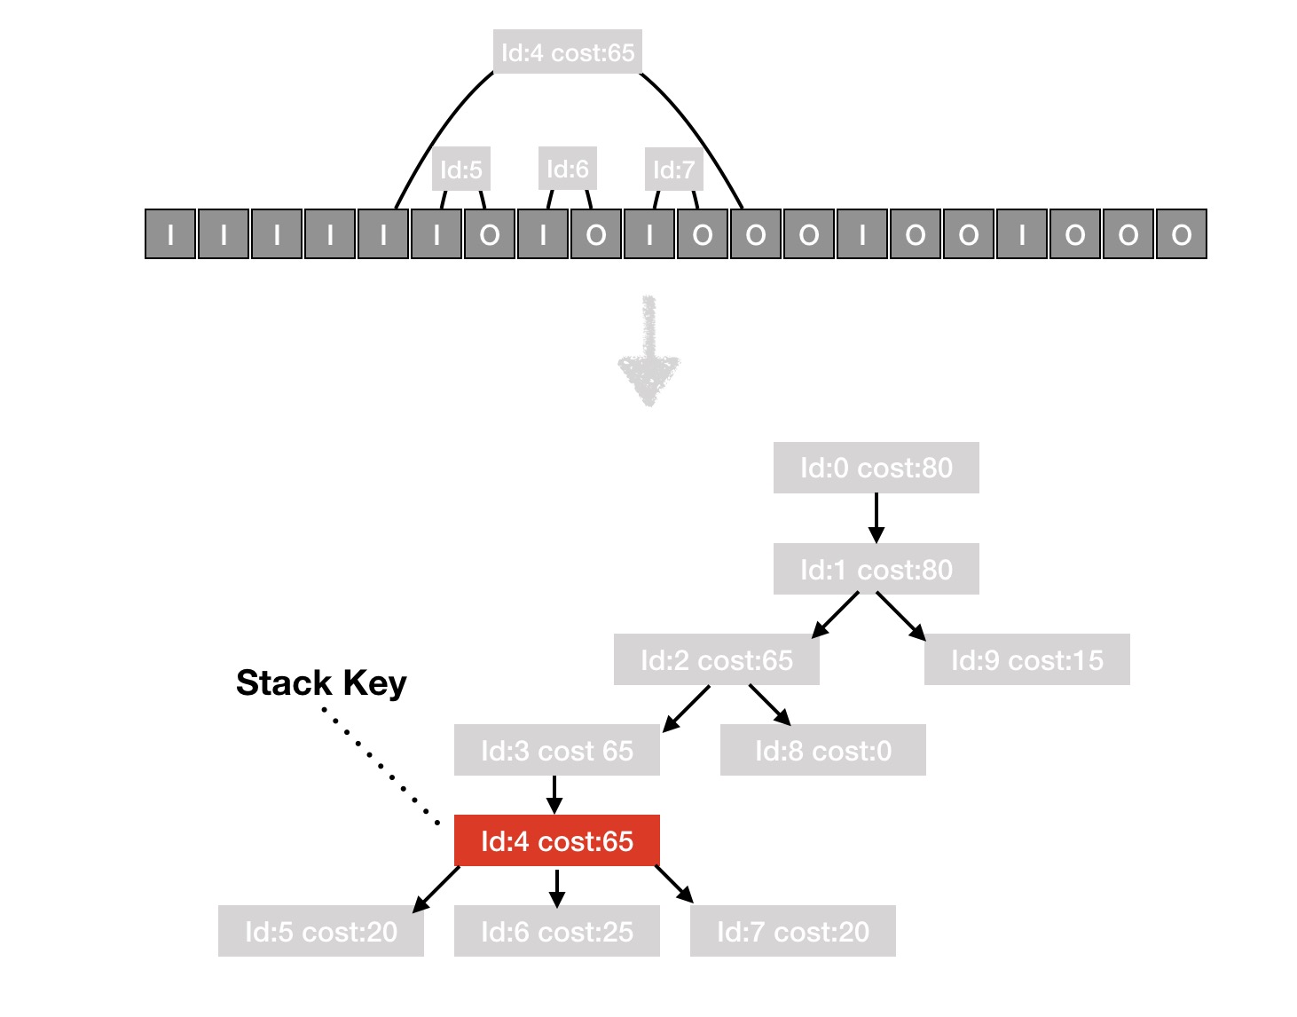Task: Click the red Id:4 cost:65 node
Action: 556,840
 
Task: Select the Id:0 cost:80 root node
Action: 876,468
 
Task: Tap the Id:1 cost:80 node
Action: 876,569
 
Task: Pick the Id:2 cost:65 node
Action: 716,659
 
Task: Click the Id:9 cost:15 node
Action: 1026,659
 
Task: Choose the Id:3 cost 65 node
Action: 556,750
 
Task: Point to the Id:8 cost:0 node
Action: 822,750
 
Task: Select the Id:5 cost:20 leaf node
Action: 320,931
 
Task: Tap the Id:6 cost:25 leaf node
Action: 556,931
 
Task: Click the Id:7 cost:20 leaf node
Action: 792,931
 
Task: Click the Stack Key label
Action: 321,682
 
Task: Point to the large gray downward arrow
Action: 648,351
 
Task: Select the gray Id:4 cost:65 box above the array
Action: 568,52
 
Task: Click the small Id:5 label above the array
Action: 460,169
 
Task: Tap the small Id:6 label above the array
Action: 567,169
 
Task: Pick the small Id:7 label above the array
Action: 674,169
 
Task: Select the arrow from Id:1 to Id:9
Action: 900,617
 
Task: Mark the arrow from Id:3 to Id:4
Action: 554,795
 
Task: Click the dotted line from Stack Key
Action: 381,767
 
